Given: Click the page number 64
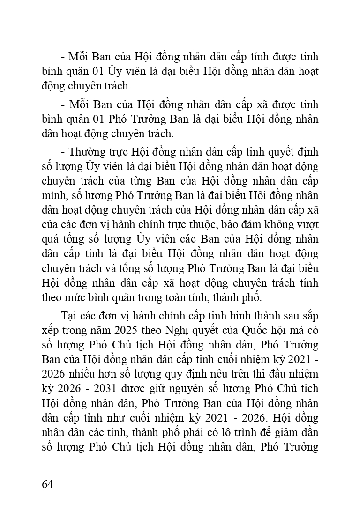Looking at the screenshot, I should pos(47,484).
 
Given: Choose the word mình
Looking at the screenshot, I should pos(52,195).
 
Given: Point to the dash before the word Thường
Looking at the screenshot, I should pos(63,152).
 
